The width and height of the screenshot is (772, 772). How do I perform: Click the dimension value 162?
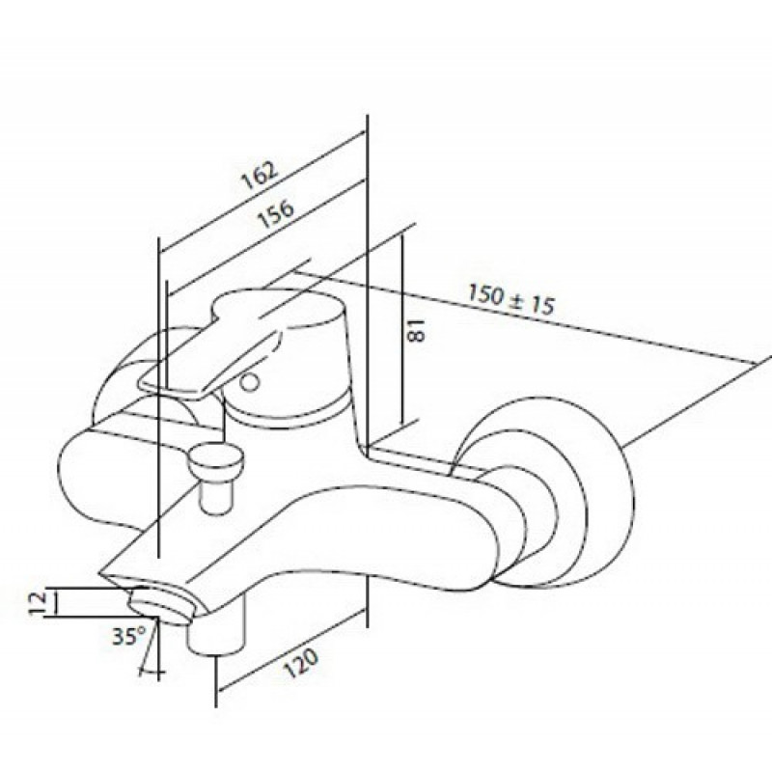[261, 176]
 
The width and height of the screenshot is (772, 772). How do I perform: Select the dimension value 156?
[277, 213]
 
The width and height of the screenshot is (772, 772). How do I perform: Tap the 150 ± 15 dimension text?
[510, 299]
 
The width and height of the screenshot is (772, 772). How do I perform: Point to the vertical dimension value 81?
[416, 330]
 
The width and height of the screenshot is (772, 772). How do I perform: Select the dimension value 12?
[38, 601]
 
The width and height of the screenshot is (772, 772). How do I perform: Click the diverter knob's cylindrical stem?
[216, 497]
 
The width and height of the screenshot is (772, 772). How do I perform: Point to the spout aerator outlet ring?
[160, 606]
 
